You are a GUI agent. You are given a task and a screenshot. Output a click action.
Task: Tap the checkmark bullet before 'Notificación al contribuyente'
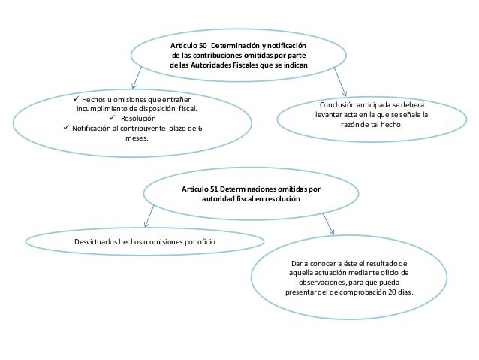tap(65, 128)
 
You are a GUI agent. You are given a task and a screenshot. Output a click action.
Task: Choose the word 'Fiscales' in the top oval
tap(251, 65)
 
